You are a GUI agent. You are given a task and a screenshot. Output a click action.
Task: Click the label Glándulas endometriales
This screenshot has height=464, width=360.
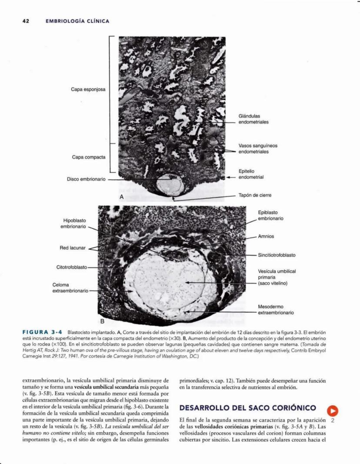(253, 119)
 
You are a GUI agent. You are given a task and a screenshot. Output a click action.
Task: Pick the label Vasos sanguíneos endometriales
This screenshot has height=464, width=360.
(257, 149)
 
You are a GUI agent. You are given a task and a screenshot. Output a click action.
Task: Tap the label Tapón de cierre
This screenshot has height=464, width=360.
(255, 195)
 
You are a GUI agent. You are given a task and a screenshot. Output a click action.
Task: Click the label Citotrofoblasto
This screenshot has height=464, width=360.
(72, 267)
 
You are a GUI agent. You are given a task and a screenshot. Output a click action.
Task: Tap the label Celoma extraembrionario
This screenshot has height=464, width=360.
(70, 287)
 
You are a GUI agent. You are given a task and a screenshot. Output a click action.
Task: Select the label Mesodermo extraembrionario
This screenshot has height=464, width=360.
(276, 310)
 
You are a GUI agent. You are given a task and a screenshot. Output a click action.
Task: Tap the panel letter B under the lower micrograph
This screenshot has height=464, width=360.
(103, 322)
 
